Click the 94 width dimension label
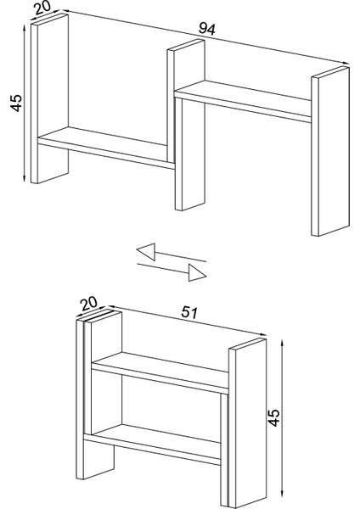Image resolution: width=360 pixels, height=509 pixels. tap(207, 29)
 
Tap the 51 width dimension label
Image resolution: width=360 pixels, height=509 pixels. tap(189, 312)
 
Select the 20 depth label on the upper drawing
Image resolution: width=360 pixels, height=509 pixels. tap(42, 8)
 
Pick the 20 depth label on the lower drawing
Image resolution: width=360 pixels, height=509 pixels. tap(88, 304)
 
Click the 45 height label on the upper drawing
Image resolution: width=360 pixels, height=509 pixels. tap(17, 103)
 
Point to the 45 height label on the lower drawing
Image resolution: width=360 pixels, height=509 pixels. tap(274, 417)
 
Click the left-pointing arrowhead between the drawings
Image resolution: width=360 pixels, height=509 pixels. tap(146, 252)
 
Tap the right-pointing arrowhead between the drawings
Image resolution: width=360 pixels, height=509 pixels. tap(197, 272)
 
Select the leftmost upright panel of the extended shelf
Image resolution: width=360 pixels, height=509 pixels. tap(50, 99)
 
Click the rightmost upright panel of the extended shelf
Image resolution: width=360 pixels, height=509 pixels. tap(330, 151)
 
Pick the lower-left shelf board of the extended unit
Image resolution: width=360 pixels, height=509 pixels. tap(106, 148)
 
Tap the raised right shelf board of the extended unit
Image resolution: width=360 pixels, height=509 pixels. tap(243, 101)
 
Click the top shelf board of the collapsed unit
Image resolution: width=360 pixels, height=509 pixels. tap(160, 373)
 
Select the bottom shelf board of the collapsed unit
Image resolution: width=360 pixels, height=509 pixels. tap(152, 445)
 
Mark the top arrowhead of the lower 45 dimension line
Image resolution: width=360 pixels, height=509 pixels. tap(283, 344)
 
